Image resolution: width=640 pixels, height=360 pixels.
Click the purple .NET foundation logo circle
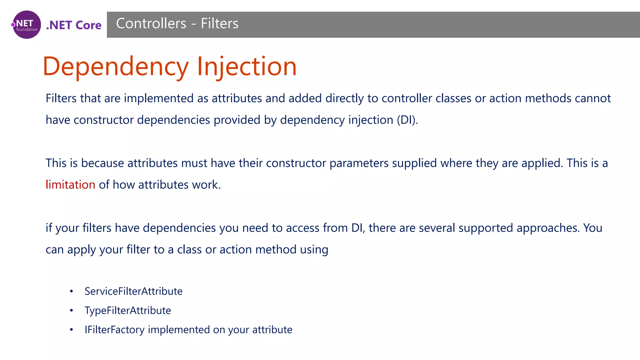click(27, 25)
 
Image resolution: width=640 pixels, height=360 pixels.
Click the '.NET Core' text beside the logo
click(74, 25)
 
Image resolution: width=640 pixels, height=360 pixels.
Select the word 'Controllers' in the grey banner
click(151, 23)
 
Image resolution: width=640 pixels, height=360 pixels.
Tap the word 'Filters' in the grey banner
click(219, 23)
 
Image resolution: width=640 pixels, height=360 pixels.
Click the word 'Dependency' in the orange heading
click(116, 67)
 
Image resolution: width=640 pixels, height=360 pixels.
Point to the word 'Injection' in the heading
click(247, 67)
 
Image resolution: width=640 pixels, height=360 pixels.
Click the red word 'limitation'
click(70, 185)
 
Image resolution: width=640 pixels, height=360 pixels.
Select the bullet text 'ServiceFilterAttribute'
click(133, 291)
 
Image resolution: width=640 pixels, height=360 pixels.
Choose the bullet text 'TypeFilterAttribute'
click(128, 311)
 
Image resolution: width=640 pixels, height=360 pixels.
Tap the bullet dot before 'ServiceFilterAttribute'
click(72, 292)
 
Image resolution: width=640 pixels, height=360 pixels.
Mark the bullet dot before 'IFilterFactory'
click(72, 330)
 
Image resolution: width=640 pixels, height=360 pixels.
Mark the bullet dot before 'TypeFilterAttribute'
click(72, 311)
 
